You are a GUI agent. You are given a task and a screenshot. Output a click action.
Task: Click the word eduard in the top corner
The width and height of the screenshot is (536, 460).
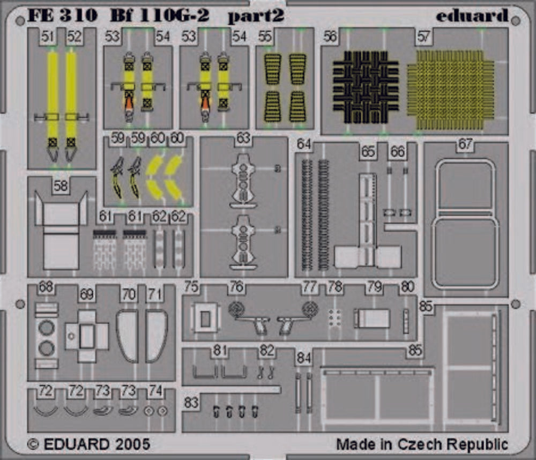tap(472, 16)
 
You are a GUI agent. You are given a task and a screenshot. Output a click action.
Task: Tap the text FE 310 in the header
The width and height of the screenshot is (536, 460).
tap(62, 15)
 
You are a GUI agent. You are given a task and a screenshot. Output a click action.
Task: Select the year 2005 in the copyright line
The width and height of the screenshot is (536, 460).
tap(132, 444)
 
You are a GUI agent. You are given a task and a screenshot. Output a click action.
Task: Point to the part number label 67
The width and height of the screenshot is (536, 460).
tap(465, 144)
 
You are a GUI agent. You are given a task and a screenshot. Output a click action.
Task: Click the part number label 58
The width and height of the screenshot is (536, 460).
tap(61, 186)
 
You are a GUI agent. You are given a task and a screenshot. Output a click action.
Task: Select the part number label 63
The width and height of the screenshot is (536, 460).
tap(243, 138)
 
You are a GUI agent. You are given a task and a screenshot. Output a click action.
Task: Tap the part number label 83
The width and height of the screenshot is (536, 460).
tap(191, 403)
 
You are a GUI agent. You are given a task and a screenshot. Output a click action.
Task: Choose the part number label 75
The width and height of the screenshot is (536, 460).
tap(191, 287)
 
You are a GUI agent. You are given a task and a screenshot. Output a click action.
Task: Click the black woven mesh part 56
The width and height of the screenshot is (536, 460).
tap(366, 87)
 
